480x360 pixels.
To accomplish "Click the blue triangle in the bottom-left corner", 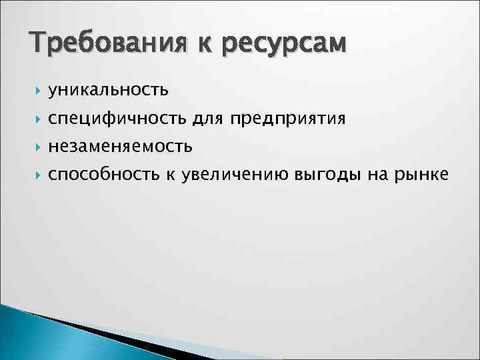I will tap(27, 337).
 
